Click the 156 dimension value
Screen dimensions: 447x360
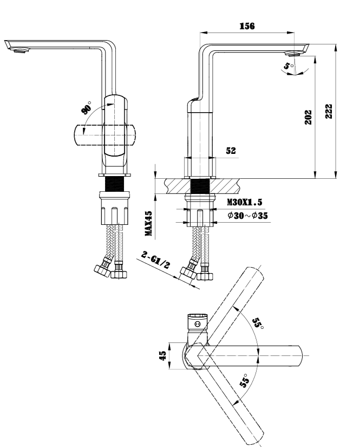pyautogui.click(x=248, y=25)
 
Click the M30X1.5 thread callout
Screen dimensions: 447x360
pyautogui.click(x=245, y=202)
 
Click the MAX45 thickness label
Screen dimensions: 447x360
pyautogui.click(x=148, y=224)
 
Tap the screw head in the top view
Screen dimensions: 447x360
pyautogui.click(x=198, y=324)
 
